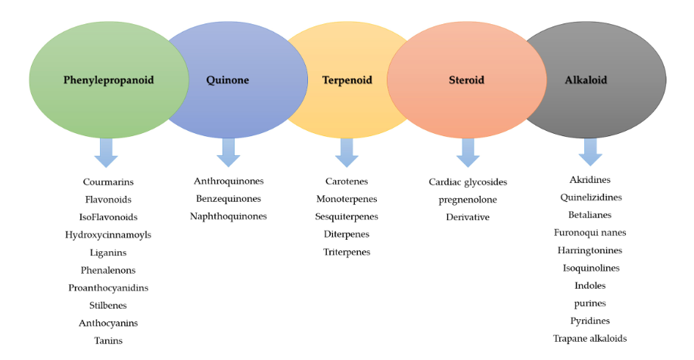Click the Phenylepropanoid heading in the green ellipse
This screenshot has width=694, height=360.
tap(108, 80)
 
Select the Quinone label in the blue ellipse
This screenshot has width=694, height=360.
tap(228, 80)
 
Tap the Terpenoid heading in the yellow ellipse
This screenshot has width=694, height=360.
tap(347, 80)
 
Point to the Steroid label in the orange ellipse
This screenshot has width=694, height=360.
tap(466, 80)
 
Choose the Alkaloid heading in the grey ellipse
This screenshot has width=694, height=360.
tap(586, 80)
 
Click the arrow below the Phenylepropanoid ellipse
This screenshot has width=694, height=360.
tap(106, 153)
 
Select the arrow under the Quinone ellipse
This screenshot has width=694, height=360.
tap(229, 153)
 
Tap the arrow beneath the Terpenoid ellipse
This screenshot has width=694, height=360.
tap(347, 153)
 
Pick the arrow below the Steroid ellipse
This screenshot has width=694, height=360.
tap(468, 153)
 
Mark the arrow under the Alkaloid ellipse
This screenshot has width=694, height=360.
tap(590, 152)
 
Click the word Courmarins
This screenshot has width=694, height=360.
tap(108, 182)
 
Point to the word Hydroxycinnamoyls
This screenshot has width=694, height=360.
tap(108, 235)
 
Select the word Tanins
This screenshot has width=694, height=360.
tap(108, 340)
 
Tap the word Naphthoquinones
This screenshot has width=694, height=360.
tap(229, 216)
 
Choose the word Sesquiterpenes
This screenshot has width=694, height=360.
tap(347, 217)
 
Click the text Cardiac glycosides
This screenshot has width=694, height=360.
tap(468, 182)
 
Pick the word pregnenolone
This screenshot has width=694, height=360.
tap(468, 200)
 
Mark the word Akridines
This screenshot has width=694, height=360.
tap(590, 179)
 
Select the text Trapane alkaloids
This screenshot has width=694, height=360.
tap(590, 339)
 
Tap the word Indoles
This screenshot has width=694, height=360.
tap(590, 286)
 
